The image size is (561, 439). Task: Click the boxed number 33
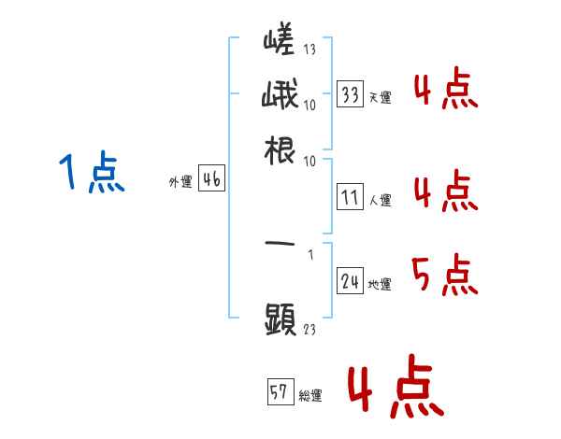[351, 95]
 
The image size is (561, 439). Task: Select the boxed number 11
[351, 198]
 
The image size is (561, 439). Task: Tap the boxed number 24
[351, 282]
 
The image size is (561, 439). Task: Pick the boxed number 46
[211, 181]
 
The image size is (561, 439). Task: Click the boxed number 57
[279, 392]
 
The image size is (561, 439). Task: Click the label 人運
[380, 200]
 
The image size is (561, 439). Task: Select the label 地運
[380, 285]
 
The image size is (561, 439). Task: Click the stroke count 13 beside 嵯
[309, 50]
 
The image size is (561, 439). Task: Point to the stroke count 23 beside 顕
[309, 329]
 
